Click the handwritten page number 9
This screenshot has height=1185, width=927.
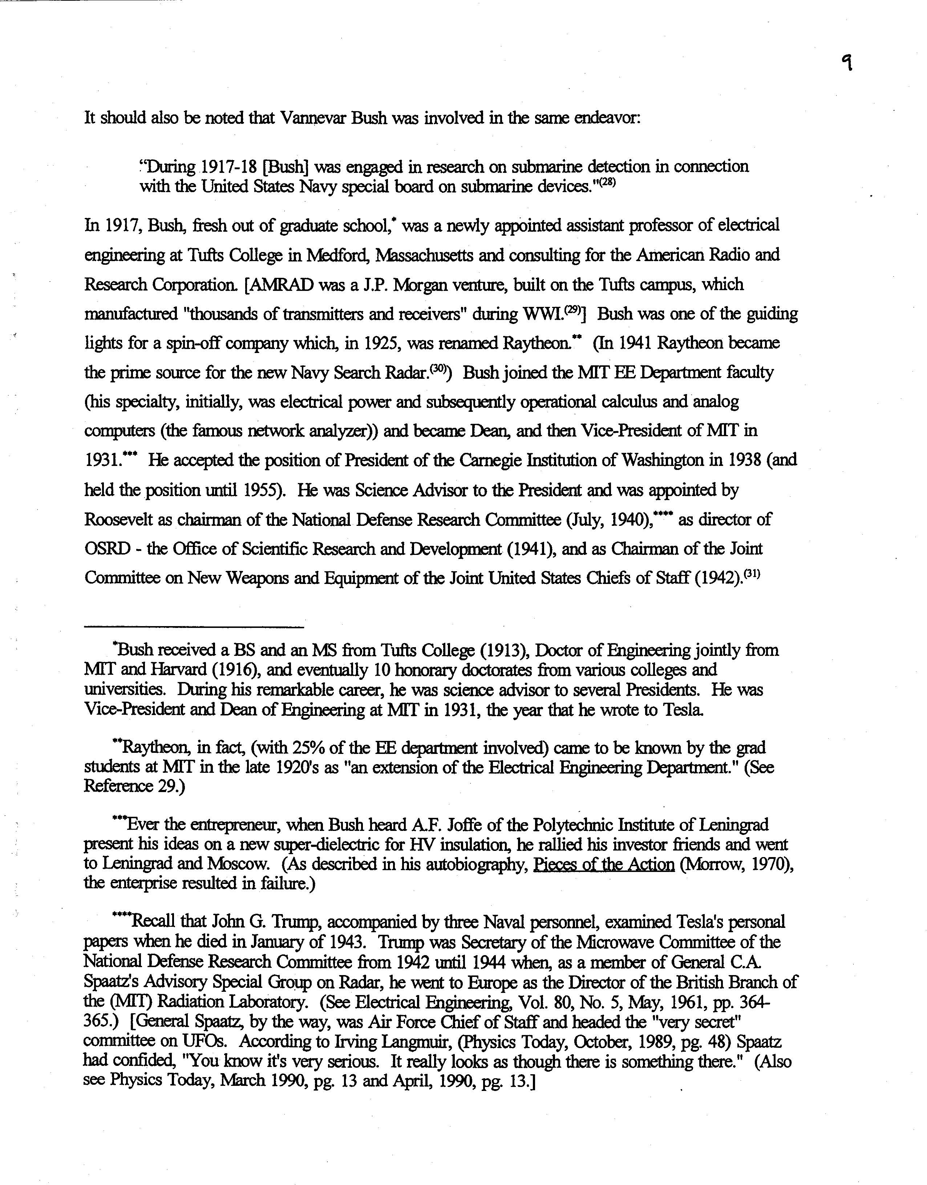tap(847, 64)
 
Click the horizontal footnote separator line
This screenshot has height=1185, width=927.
tap(194, 628)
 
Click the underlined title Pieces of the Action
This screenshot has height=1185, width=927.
tap(603, 864)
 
